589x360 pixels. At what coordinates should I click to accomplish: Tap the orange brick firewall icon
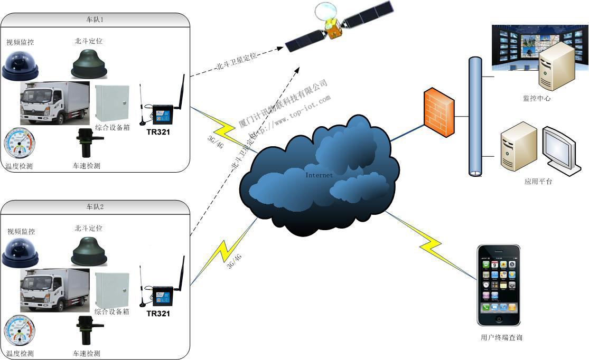[x=438, y=112]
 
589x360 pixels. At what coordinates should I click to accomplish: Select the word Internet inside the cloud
[x=319, y=175]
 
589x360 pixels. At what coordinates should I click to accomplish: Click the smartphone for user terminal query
[x=498, y=285]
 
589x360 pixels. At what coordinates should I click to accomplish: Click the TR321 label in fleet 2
[x=158, y=314]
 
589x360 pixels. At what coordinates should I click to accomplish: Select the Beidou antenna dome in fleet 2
[x=89, y=250]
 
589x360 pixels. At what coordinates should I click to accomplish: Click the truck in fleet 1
[x=54, y=103]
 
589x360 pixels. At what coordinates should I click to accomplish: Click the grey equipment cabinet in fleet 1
[x=113, y=102]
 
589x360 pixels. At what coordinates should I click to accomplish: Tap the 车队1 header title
[x=95, y=20]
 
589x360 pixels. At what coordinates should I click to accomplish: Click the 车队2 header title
[x=95, y=207]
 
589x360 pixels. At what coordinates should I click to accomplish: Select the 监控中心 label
[x=536, y=98]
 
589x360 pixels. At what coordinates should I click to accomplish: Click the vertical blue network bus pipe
[x=475, y=116]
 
